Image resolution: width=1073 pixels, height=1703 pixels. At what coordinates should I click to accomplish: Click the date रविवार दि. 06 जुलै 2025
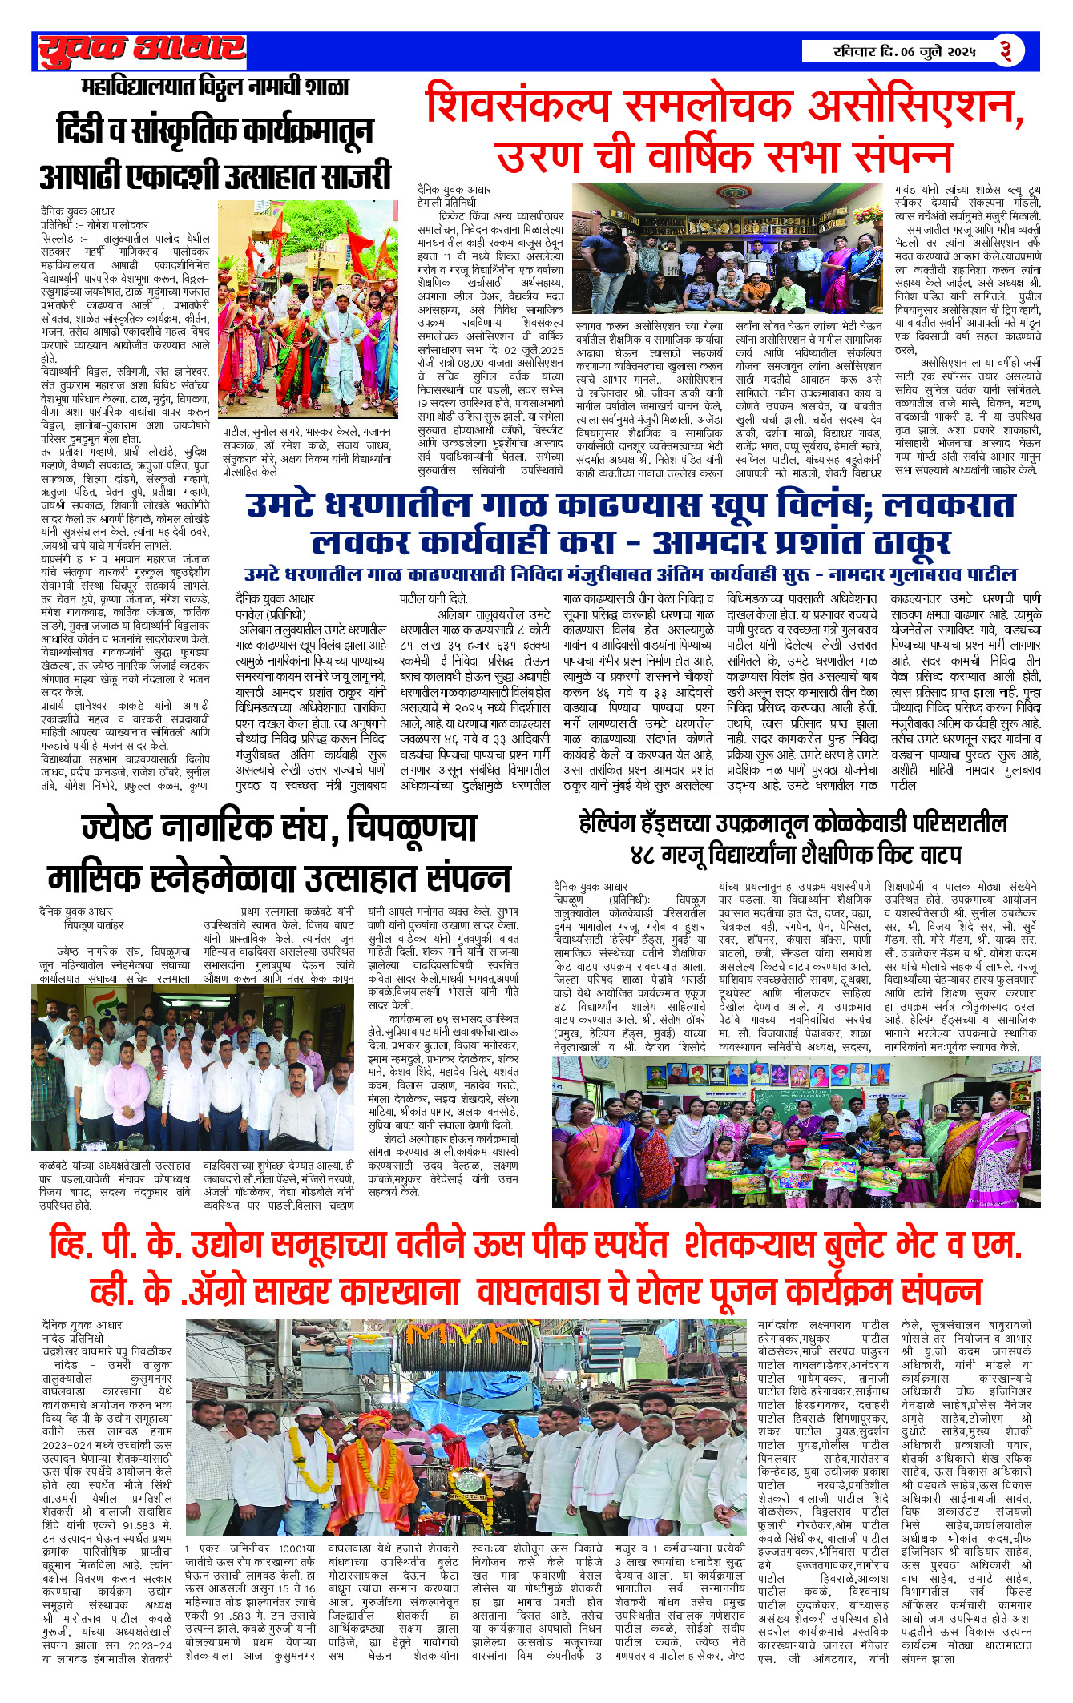click(903, 52)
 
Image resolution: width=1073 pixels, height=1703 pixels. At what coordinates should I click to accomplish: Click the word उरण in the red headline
click(544, 155)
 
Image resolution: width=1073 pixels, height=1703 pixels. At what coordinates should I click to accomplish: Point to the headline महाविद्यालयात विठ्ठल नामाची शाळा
click(216, 87)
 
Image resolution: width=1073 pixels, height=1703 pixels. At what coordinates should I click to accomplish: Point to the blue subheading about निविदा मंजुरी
click(630, 574)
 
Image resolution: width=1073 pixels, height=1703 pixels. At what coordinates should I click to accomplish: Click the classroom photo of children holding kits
click(796, 1131)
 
